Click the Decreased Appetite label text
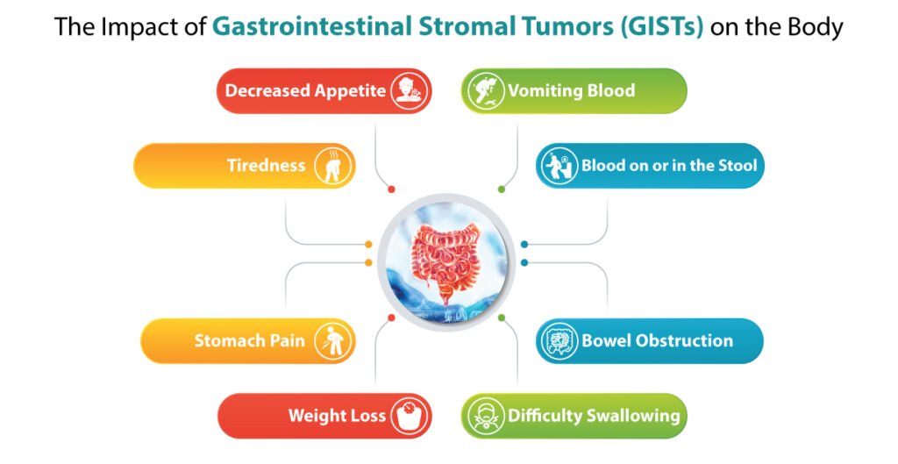click(305, 90)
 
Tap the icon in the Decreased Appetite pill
click(406, 90)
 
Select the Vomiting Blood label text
click(571, 90)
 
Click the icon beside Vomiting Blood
click(485, 90)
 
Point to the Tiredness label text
click(266, 165)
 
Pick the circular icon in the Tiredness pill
click(332, 165)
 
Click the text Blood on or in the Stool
click(669, 165)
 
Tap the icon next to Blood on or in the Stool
click(558, 166)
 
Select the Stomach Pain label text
click(250, 340)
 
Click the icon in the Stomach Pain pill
click(333, 340)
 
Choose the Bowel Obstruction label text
click(657, 340)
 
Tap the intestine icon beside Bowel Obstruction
click(558, 341)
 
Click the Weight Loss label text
click(337, 416)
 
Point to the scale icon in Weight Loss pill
click(408, 416)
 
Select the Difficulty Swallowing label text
click(594, 416)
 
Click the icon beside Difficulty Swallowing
click(485, 416)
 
